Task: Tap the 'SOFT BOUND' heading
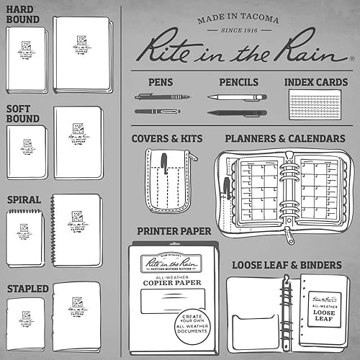[x=23, y=114]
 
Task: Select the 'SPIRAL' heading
[x=24, y=199]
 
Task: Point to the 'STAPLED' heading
[x=28, y=289]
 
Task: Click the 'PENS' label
[x=160, y=82]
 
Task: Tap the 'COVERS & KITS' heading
[x=166, y=138]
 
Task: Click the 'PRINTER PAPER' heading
[x=174, y=231]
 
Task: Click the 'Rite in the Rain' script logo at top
[x=240, y=50]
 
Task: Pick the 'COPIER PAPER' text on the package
[x=174, y=292]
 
